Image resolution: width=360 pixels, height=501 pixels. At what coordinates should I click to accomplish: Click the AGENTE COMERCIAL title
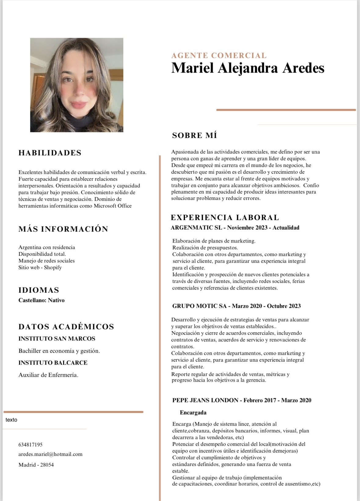(219, 56)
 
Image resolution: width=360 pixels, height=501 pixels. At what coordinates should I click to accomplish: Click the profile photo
(77, 85)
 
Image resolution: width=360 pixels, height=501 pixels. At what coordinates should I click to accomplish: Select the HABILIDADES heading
(50, 153)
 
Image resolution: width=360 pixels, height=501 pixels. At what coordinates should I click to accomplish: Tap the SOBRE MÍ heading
(195, 135)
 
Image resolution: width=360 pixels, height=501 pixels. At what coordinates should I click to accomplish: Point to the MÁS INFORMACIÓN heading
(63, 229)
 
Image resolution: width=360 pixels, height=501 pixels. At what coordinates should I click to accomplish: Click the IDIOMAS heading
(39, 290)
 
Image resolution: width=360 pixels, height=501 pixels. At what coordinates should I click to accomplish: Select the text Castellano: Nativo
(42, 300)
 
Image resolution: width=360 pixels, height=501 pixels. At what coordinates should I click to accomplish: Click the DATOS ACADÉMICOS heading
(66, 327)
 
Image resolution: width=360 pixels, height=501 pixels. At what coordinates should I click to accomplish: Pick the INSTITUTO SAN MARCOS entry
(57, 339)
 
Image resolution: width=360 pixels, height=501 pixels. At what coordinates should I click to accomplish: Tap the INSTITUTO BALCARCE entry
(53, 363)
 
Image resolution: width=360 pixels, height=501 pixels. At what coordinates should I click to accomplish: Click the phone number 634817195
(31, 445)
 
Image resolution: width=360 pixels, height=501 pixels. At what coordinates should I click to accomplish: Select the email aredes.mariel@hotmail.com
(50, 454)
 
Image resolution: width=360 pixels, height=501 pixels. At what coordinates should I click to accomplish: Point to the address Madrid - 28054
(36, 465)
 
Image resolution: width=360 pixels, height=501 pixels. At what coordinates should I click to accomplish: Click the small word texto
(11, 420)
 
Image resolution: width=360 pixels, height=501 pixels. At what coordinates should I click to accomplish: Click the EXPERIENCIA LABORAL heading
(225, 218)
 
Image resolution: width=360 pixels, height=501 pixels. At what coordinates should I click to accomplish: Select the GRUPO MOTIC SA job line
(236, 306)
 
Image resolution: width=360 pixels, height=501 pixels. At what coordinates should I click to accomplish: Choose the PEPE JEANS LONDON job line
(242, 400)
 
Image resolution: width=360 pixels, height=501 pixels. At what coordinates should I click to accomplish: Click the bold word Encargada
(193, 413)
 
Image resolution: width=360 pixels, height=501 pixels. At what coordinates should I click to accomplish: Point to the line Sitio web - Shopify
(40, 268)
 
